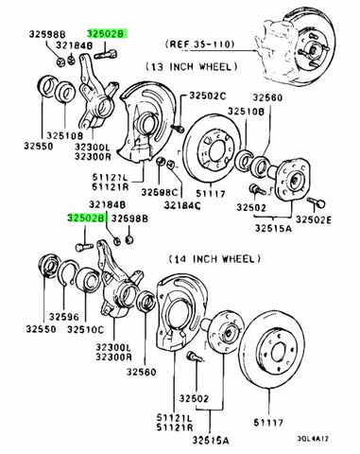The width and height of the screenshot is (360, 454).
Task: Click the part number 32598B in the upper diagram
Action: click(47, 34)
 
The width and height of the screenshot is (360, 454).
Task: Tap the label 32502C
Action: click(208, 96)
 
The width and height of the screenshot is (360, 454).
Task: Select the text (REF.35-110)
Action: click(199, 44)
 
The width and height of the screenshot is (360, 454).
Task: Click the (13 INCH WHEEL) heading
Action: click(192, 66)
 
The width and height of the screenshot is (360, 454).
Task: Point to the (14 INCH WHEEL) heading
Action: click(214, 259)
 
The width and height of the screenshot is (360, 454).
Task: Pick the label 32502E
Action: click(314, 220)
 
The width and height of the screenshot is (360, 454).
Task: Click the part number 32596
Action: click(63, 317)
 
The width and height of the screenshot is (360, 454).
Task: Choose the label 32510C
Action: click(85, 329)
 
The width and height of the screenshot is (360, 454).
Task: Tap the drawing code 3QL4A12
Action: click(313, 439)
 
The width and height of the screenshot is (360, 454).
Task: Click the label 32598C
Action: click(160, 192)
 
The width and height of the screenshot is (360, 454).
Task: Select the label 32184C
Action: click(182, 205)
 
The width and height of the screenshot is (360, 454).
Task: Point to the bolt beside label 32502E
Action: click(316, 202)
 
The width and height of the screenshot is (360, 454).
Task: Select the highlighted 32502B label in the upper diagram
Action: click(108, 34)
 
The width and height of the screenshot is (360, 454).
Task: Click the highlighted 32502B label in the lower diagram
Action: click(86, 218)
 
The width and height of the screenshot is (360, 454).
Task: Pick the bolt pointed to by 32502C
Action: click(178, 128)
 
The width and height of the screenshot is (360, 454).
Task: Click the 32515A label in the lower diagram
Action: click(211, 440)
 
